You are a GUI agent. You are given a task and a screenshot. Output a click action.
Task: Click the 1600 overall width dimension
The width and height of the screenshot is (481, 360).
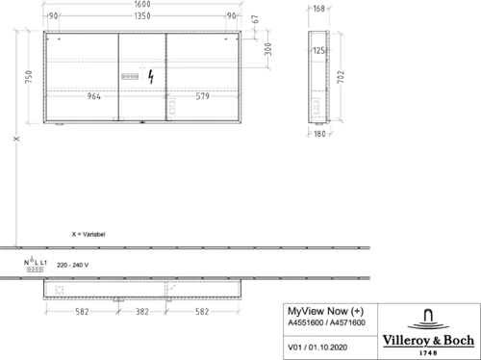pyautogui.click(x=142, y=4)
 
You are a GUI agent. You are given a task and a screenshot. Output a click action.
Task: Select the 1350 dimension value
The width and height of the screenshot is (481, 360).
pyautogui.click(x=142, y=16)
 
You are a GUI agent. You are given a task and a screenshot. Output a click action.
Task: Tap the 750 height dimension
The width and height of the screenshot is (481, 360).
pyautogui.click(x=29, y=77)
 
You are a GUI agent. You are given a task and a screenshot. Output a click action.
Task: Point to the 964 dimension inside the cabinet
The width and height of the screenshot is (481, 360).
pyautogui.click(x=94, y=96)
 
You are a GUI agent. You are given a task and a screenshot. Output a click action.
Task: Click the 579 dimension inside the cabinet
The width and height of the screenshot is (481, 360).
pyautogui.click(x=203, y=96)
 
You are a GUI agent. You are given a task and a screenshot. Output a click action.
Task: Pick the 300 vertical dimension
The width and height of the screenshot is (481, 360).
pyautogui.click(x=268, y=49)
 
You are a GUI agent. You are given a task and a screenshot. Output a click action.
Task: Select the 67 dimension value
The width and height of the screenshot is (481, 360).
pyautogui.click(x=255, y=19)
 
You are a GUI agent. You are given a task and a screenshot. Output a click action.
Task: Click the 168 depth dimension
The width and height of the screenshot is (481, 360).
pyautogui.click(x=319, y=9)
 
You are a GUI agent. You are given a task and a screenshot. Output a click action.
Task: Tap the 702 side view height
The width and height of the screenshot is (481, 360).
pyautogui.click(x=341, y=77)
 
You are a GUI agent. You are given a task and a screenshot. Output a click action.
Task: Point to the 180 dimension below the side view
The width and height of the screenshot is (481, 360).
pyautogui.click(x=319, y=134)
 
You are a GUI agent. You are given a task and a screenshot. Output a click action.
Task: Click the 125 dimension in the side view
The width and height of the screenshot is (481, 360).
pyautogui.click(x=318, y=50)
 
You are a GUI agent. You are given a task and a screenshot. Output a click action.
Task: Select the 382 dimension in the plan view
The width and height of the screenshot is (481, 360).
pyautogui.click(x=142, y=312)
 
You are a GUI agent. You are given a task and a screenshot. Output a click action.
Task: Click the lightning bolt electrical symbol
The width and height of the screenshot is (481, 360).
pyautogui.click(x=151, y=77)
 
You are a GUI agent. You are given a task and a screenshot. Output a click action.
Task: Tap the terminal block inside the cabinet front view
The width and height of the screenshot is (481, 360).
pyautogui.click(x=130, y=76)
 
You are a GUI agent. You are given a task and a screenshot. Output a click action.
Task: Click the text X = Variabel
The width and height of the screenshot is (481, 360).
pyautogui.click(x=89, y=234)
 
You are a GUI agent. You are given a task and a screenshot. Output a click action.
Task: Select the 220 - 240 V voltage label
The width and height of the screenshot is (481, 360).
pyautogui.click(x=73, y=265)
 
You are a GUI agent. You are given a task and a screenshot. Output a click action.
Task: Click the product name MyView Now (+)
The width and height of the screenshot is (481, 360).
pyautogui.click(x=326, y=311)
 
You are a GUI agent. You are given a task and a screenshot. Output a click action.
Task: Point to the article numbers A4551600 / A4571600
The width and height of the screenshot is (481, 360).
pyautogui.click(x=326, y=322)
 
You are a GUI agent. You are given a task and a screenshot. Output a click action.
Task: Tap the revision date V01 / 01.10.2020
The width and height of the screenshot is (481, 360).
pyautogui.click(x=317, y=347)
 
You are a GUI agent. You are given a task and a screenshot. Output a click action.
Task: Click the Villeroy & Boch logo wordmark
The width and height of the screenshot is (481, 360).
pyautogui.click(x=428, y=340)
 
